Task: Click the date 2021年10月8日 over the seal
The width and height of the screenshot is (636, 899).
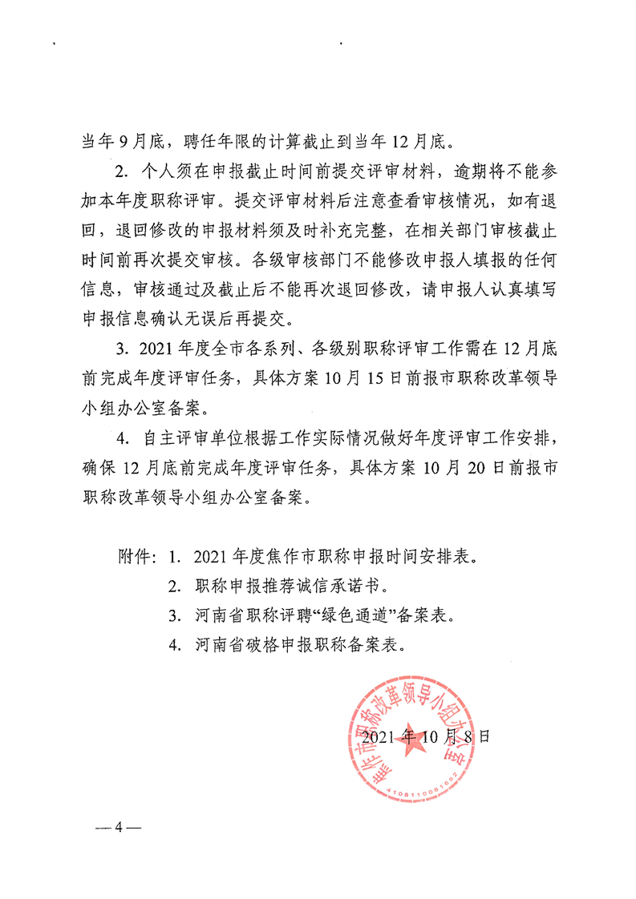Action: click(x=425, y=736)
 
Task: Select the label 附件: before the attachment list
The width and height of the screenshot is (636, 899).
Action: click(x=139, y=554)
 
